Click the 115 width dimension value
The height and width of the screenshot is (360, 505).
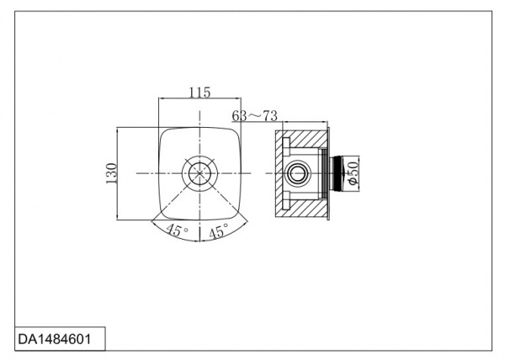[199, 93]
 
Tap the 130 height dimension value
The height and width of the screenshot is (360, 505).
[111, 173]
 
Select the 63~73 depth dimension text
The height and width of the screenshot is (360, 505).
[254, 115]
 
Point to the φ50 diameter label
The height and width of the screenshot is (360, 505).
[353, 173]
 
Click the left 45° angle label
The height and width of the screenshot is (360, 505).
[177, 230]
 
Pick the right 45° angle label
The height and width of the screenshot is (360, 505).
[219, 231]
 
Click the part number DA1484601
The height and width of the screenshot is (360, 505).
[55, 339]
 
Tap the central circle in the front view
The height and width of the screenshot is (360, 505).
[199, 173]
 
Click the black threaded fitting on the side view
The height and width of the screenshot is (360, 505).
[338, 173]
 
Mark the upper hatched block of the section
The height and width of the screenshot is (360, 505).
[305, 139]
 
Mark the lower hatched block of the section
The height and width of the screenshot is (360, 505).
[305, 208]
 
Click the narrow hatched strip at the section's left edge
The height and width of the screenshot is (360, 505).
[279, 173]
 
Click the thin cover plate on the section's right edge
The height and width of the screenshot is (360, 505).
[328, 174]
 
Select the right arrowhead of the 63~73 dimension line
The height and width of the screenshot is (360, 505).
[325, 122]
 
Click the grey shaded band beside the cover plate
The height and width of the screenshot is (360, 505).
[322, 173]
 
